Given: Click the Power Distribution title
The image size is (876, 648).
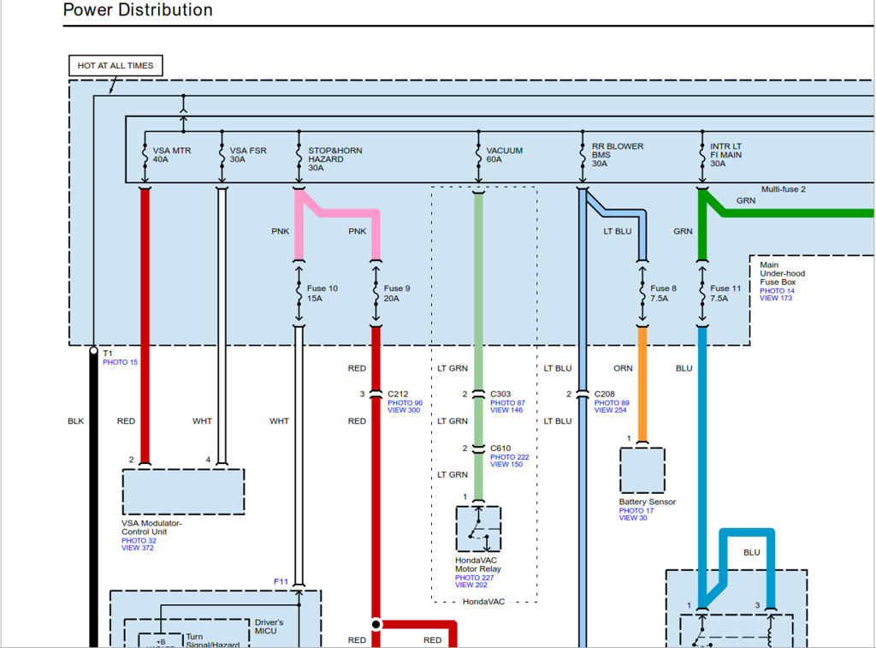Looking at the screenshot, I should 138,10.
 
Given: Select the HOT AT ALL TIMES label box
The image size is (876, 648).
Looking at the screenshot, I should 115,66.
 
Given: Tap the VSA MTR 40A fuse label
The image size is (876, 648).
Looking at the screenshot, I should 171,155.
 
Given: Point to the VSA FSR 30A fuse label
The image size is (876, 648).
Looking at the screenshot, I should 247,155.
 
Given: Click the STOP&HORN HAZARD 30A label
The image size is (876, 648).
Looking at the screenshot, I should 334,159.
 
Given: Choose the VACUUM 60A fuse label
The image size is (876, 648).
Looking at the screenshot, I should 504,155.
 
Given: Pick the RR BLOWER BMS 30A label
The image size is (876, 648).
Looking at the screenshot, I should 618,155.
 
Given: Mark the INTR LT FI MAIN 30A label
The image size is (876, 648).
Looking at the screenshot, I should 725,155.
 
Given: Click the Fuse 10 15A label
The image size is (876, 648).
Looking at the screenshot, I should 323,294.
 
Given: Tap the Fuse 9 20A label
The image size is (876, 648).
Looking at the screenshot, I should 397,294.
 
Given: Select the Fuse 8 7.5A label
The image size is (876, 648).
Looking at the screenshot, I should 663,294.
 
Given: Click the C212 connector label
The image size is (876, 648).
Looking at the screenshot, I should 399,395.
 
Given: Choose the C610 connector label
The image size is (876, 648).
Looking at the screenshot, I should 500,449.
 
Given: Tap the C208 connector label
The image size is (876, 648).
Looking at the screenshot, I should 606,395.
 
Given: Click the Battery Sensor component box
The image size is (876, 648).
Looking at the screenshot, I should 642,470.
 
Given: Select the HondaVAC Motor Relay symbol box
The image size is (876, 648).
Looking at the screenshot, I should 478,529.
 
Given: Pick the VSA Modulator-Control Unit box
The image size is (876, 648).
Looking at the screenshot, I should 183,490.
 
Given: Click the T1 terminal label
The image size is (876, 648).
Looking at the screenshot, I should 108,353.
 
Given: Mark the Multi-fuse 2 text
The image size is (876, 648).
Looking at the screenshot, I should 783,189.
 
